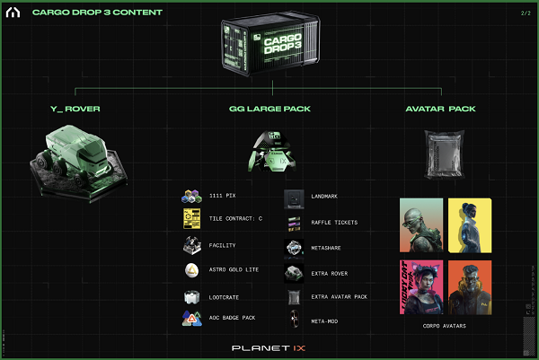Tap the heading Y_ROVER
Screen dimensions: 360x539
pos(76,110)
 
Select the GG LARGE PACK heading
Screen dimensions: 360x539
pos(269,110)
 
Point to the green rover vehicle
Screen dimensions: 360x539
pos(75,156)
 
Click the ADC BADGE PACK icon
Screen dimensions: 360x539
pos(191,317)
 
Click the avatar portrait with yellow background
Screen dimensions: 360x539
pos(468,224)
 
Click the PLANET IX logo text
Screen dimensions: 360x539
pos(269,345)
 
